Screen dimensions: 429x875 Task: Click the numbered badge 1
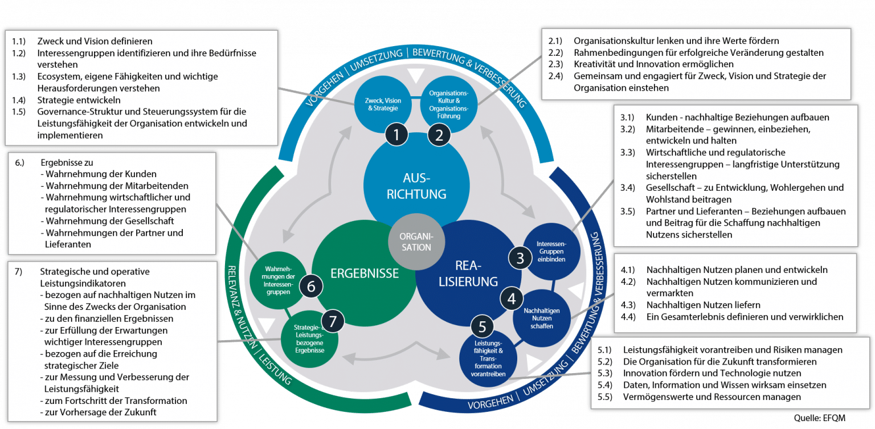tap(397, 136)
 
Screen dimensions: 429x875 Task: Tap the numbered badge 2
tap(439, 136)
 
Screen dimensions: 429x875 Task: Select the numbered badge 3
tap(520, 258)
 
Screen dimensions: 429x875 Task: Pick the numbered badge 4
tap(512, 298)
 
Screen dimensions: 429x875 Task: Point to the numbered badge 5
tap(483, 327)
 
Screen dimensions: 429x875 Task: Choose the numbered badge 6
tap(311, 286)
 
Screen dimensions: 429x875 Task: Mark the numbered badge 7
tap(333, 321)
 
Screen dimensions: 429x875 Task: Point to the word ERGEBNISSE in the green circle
tap(365, 273)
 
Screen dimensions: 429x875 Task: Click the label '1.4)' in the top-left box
tap(19, 100)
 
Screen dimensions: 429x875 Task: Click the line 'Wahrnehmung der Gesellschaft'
tap(109, 221)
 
